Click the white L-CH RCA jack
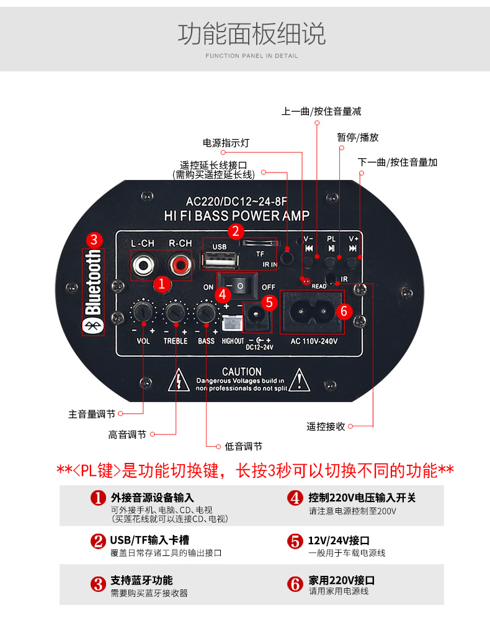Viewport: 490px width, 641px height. coord(143,266)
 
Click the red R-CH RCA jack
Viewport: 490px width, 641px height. coord(180,266)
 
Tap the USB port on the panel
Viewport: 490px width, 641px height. coord(220,260)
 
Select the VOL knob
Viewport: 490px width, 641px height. coord(143,312)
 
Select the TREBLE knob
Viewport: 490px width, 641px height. coord(176,312)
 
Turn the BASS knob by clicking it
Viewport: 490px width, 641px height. coord(207,312)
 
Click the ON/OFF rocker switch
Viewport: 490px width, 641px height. coord(237,287)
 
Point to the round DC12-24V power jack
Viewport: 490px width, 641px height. coord(257,317)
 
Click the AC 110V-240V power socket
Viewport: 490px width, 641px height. coord(312,312)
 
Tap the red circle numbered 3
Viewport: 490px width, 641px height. coord(94,240)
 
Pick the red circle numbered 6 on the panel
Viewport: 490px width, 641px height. coord(344,312)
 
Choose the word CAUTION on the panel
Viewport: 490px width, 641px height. coord(241,372)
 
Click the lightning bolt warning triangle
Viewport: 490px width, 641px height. coord(179,380)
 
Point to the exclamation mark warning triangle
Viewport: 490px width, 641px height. coord(299,380)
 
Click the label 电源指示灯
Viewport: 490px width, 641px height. coord(226,143)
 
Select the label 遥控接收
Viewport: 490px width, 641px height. coord(326,427)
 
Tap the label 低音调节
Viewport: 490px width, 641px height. coord(244,446)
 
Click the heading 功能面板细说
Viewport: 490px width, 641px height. coord(252,34)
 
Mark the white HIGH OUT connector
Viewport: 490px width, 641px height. coord(232,323)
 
